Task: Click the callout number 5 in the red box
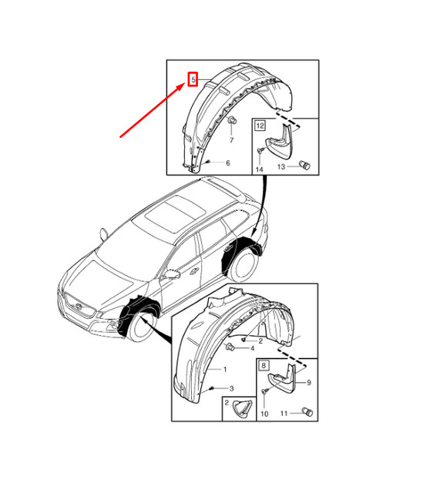click(x=193, y=79)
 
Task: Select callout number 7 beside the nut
click(x=231, y=142)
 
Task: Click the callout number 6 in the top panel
click(x=227, y=163)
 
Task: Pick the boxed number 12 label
click(x=260, y=125)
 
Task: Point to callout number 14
click(x=260, y=169)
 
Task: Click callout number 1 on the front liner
click(x=224, y=369)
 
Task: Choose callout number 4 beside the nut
click(x=252, y=348)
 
